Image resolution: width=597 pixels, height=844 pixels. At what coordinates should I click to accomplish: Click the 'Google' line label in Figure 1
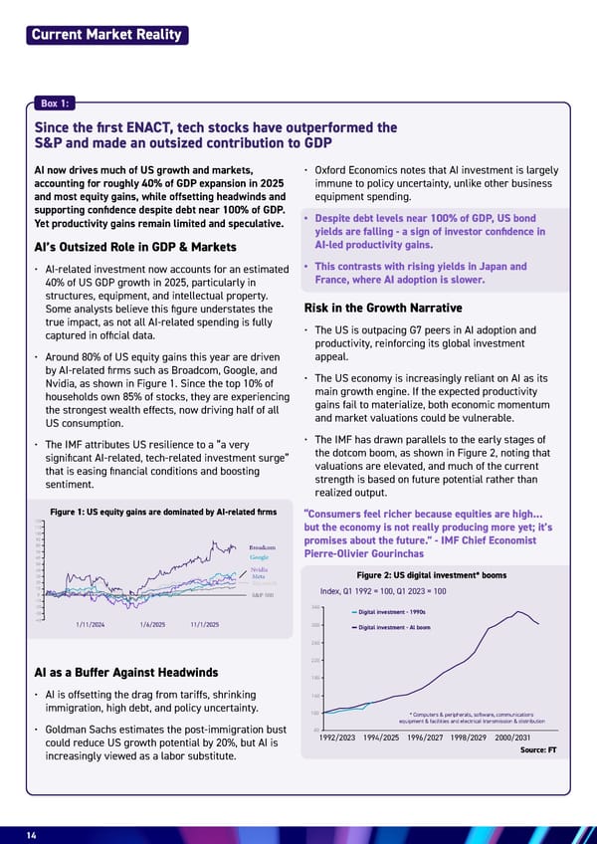[261, 558]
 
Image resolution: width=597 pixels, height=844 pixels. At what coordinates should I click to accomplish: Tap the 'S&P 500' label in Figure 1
[263, 595]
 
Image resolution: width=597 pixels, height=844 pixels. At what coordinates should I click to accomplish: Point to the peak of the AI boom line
[517, 611]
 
